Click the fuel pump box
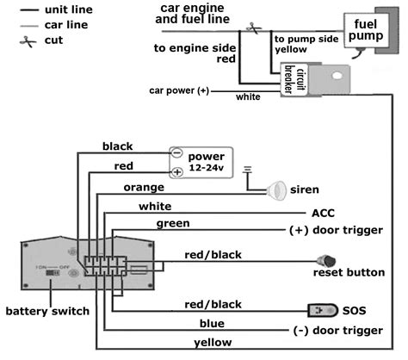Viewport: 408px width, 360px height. point(366,30)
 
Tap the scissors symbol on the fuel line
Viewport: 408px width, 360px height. point(254,28)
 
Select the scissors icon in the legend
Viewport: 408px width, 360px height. point(28,41)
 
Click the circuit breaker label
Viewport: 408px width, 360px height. point(295,79)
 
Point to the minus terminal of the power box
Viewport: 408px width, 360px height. point(177,152)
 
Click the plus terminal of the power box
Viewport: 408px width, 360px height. point(177,172)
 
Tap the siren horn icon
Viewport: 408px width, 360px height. point(276,190)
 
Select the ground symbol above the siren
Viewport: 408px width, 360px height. point(247,170)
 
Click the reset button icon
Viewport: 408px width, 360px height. point(326,261)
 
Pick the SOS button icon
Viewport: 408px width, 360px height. point(323,310)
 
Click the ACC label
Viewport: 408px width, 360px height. point(323,214)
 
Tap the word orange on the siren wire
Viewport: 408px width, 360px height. point(144,188)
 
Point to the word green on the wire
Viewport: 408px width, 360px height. point(173,224)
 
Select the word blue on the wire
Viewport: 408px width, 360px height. point(212,324)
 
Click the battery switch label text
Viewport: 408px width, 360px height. point(47,311)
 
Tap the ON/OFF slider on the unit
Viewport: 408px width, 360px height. point(53,272)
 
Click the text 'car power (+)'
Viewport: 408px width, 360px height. point(179,90)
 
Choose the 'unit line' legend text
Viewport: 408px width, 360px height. point(69,9)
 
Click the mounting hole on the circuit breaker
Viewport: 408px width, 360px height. point(337,76)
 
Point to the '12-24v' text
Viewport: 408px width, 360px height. point(206,167)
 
